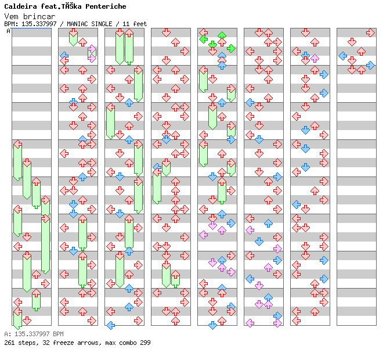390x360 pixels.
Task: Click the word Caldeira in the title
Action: pos(20,6)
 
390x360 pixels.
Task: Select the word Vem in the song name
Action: pos(10,16)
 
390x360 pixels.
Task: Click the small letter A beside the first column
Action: pos(9,31)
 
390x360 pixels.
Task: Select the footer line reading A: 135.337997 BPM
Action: pos(34,334)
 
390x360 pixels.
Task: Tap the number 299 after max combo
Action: pos(145,343)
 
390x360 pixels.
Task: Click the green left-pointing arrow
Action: pos(203,39)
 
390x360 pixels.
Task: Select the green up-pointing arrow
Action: pos(222,36)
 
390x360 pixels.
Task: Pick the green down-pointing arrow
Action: pos(212,44)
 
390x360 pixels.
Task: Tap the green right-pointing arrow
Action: pos(231,48)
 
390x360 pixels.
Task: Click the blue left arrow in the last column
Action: pos(342,56)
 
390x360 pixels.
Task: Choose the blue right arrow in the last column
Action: pos(370,65)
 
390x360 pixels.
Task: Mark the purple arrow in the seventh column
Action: pos(315,58)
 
